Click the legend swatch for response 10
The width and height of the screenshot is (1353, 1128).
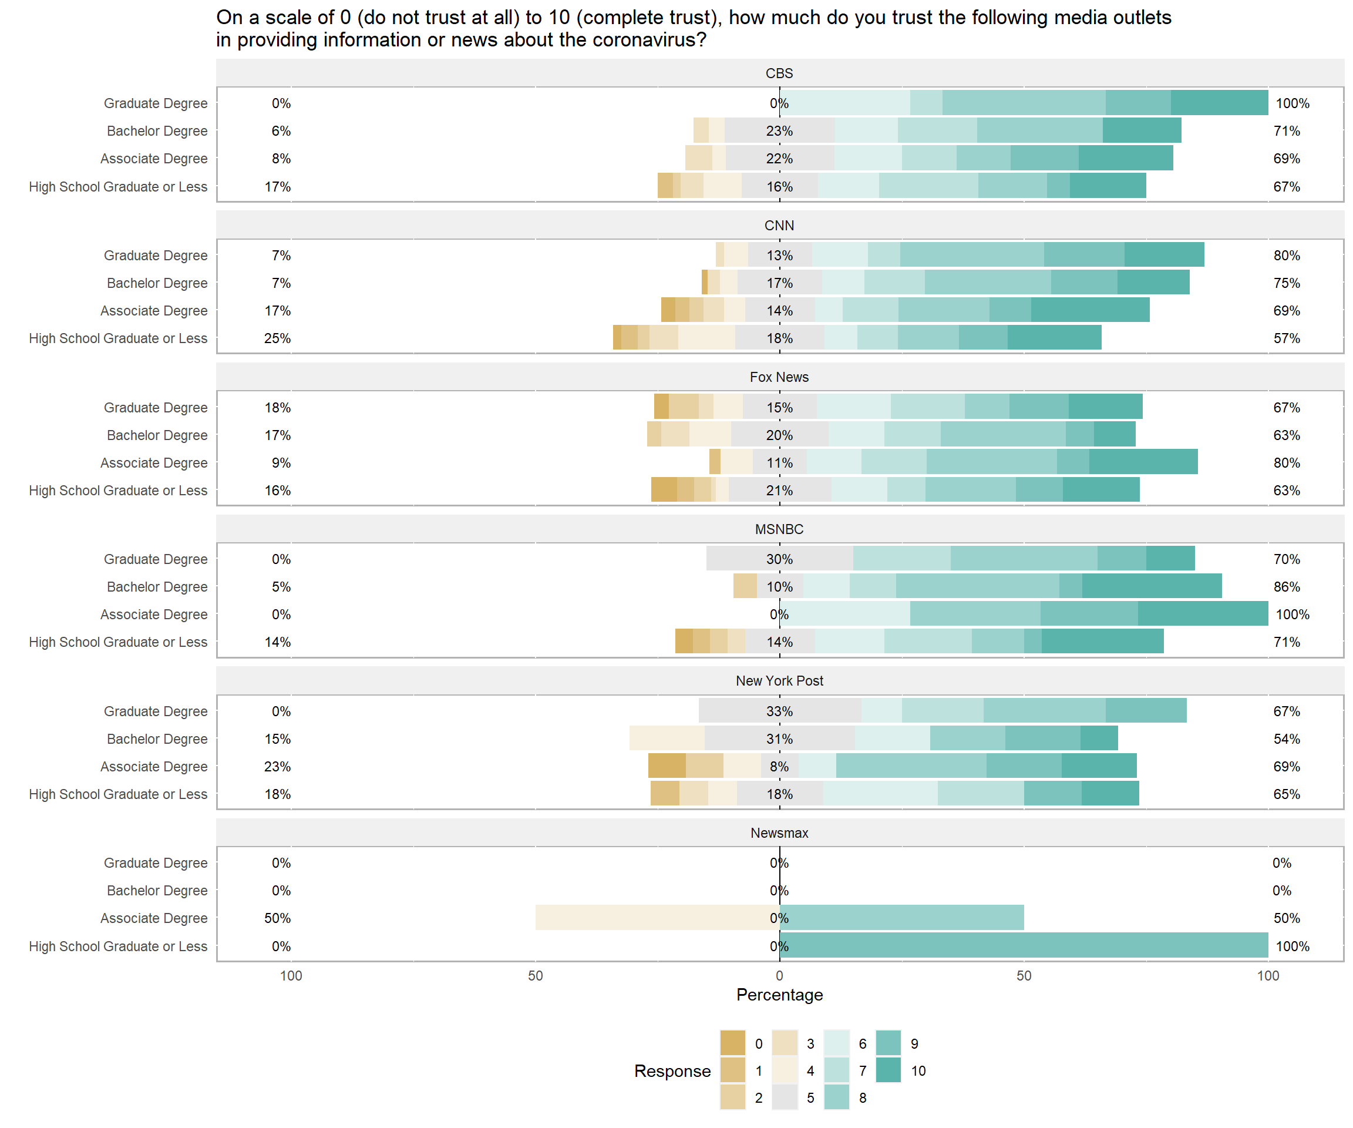click(888, 1070)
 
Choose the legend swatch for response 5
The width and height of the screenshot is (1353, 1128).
click(785, 1097)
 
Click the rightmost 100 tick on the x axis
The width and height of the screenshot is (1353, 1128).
click(1268, 976)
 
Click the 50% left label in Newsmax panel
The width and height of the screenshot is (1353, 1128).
click(278, 918)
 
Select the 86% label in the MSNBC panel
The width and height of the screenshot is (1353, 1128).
click(1287, 586)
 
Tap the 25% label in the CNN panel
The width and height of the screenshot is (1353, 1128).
click(278, 338)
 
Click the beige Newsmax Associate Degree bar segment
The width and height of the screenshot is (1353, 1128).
click(657, 918)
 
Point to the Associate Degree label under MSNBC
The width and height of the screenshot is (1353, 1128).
click(153, 615)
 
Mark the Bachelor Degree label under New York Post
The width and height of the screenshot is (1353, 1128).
click(157, 738)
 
